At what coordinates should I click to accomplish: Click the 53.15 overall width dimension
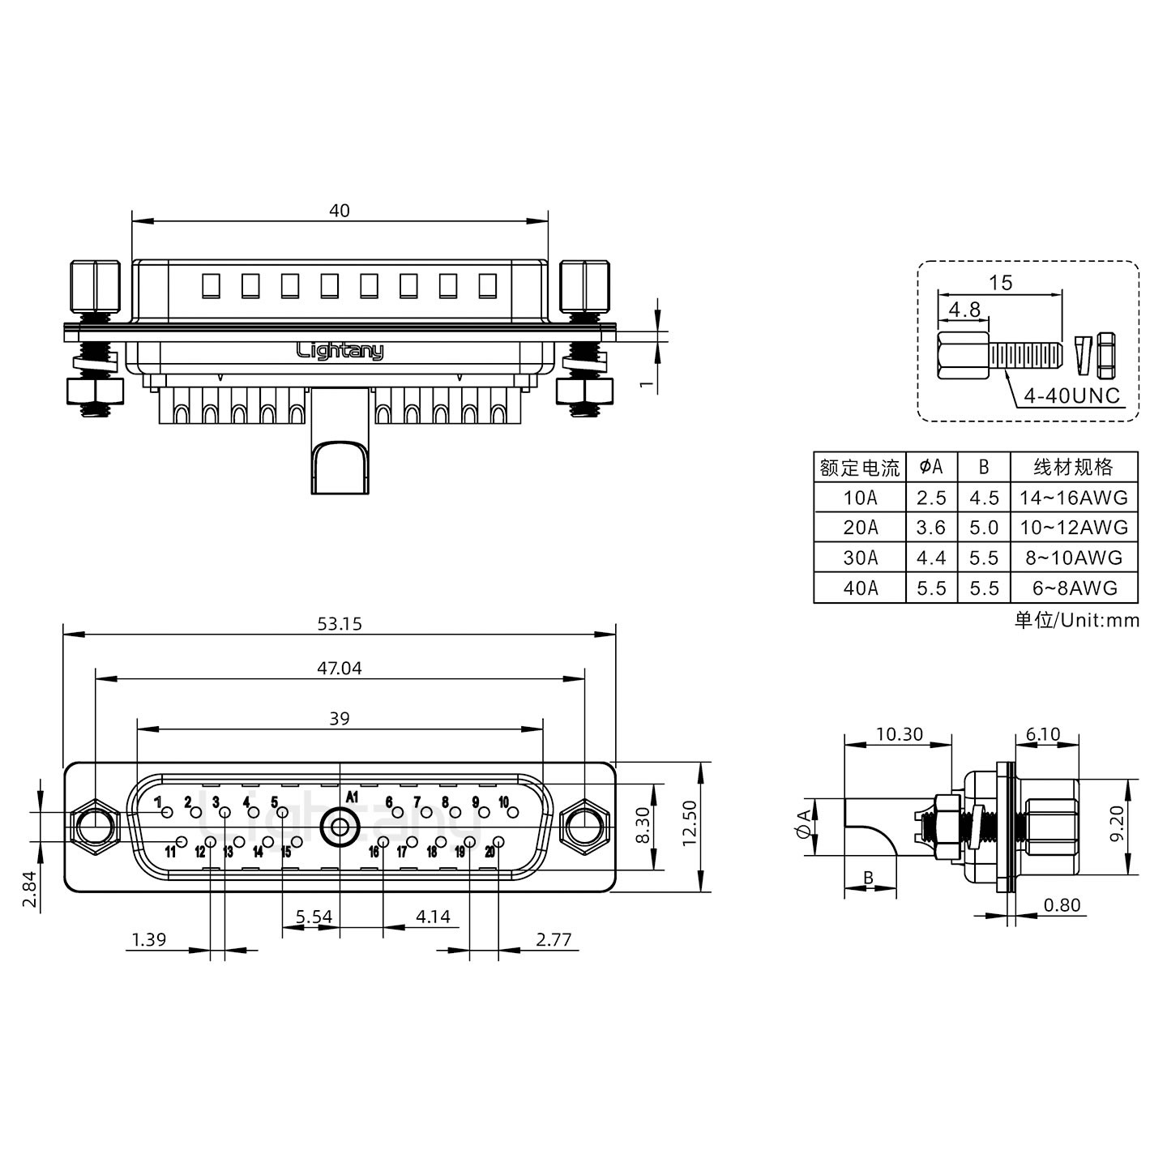(340, 624)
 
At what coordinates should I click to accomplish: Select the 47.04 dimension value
(340, 669)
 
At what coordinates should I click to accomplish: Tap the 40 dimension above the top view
(340, 211)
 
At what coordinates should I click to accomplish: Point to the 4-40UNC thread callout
(1071, 396)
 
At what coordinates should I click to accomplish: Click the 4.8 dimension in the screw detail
(964, 310)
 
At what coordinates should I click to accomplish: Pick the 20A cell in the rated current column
(860, 528)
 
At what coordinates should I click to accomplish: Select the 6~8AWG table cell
(1073, 588)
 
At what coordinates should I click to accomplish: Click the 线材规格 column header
(1073, 468)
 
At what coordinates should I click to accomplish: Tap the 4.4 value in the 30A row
(930, 558)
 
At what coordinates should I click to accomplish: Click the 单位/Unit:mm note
(1076, 621)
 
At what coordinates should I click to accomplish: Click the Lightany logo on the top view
(340, 351)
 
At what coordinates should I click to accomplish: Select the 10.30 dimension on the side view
(899, 734)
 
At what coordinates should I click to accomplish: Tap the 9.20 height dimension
(1118, 823)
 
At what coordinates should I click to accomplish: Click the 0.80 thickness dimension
(1062, 905)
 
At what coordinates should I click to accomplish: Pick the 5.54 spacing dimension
(313, 917)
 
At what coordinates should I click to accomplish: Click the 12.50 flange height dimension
(689, 823)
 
